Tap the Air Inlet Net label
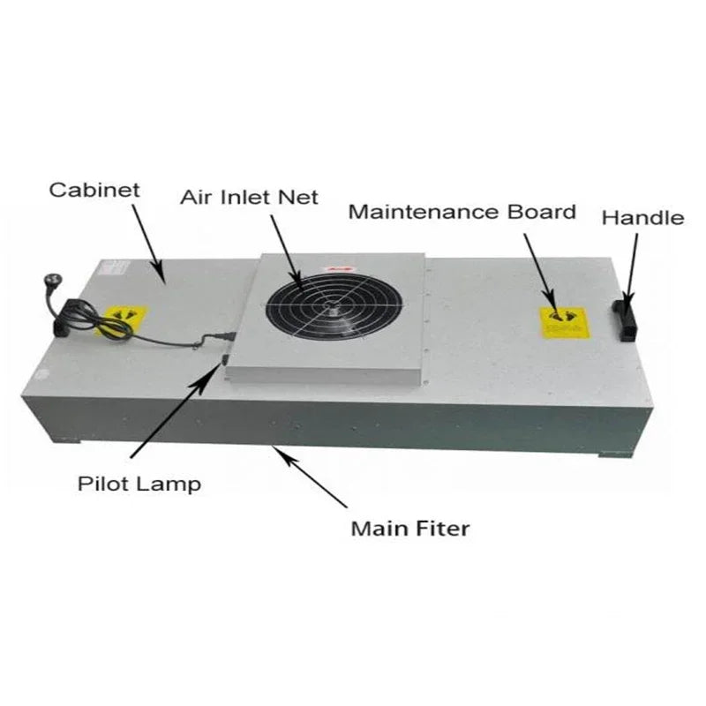tap(249, 196)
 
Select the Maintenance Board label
tap(462, 212)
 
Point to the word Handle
tap(642, 217)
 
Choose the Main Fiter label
tap(410, 529)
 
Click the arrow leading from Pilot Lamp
tap(173, 409)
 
